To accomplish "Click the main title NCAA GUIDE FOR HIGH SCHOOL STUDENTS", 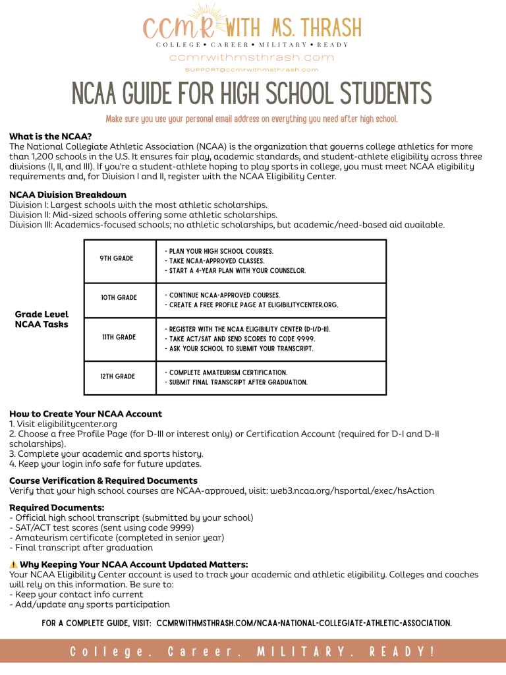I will coord(252,94).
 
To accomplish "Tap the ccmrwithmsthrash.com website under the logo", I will coord(252,57).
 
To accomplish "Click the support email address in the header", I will coord(252,69).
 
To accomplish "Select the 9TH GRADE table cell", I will coord(117,258).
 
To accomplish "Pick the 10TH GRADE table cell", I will coord(119,298).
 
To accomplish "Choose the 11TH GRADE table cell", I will coord(118,337).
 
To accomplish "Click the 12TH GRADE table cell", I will coord(117,376).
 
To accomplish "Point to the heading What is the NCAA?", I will coord(50,136).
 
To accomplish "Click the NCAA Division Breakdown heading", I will coord(68,195).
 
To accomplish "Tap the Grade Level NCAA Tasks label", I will coord(42,319).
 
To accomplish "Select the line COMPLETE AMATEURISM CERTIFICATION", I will coord(226,372).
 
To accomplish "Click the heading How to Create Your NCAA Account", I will coord(86,414).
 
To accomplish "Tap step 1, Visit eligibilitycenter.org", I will coord(63,424).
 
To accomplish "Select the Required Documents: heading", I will coord(57,508).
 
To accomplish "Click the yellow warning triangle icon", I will coord(13,564).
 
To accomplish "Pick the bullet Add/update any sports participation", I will coord(90,604).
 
